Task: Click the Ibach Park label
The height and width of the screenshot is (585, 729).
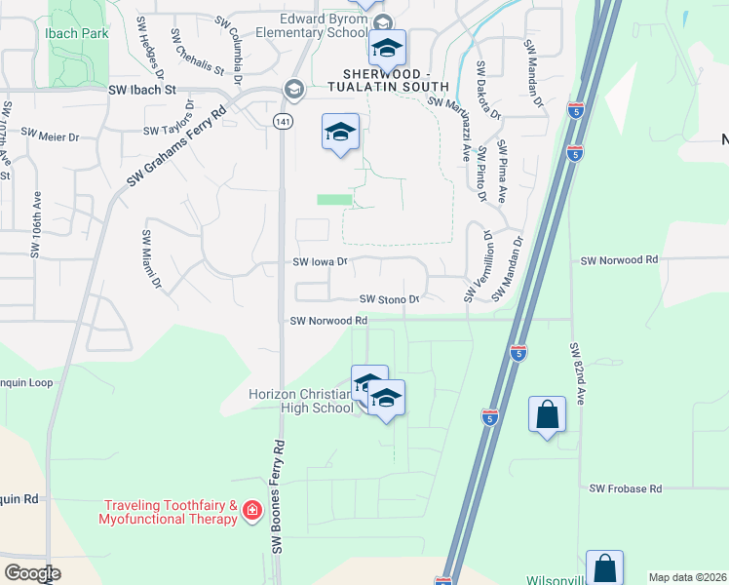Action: tap(76, 33)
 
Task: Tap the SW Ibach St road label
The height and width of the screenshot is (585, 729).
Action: tap(141, 89)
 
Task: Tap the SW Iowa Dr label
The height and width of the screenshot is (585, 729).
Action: tap(320, 261)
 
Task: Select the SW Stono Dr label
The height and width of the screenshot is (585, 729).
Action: tap(389, 299)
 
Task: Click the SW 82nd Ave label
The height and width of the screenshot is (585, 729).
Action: tap(577, 373)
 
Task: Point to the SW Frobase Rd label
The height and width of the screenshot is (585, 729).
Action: tap(626, 487)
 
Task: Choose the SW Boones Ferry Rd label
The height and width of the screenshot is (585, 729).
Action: tap(278, 497)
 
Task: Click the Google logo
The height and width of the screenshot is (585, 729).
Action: tap(33, 572)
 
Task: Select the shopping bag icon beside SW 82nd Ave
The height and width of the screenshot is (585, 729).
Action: tap(547, 414)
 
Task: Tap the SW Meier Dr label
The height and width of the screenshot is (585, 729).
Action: tap(50, 136)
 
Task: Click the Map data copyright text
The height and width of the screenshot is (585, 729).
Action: tap(686, 577)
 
